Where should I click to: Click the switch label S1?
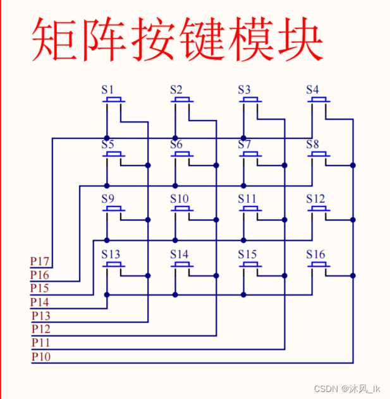coord(108,89)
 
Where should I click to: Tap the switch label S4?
coord(312,89)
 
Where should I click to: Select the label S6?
coord(176,145)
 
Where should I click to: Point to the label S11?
coord(247,199)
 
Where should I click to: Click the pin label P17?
coord(40,261)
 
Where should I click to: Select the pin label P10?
coord(41,357)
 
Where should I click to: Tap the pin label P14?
coord(40,302)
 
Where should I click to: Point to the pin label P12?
coord(41,329)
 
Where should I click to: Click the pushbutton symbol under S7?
coord(250,155)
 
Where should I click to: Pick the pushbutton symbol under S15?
coord(250,265)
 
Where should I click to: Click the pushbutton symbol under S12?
coord(319,210)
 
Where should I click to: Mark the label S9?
coord(108,199)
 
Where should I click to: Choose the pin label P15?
coord(40,289)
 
